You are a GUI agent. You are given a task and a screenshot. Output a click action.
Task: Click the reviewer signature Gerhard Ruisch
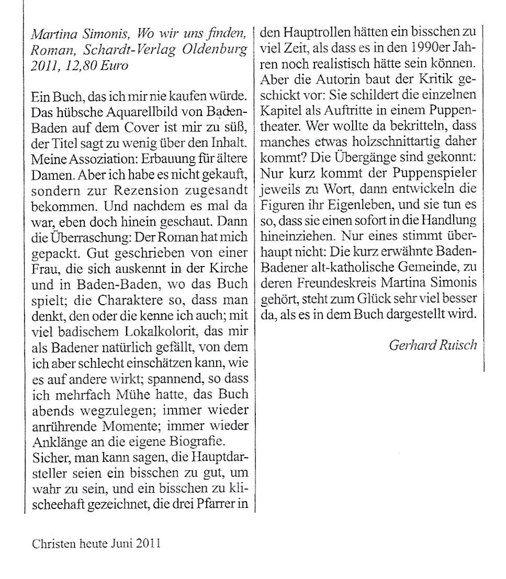coord(433,345)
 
